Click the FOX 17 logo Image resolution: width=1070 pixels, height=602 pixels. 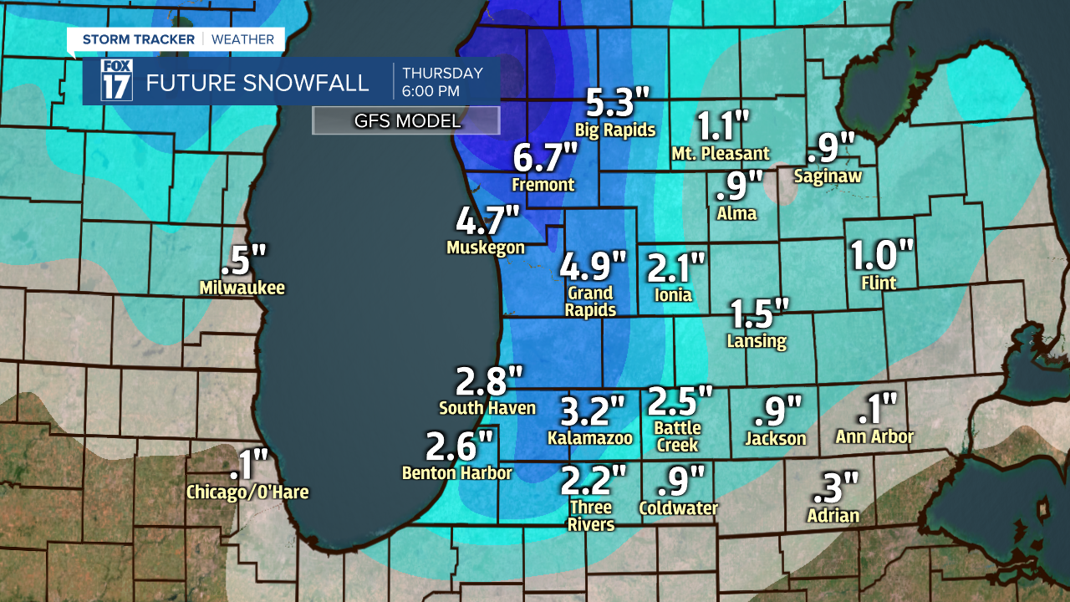click(116, 81)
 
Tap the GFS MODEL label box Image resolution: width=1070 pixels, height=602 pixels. click(406, 121)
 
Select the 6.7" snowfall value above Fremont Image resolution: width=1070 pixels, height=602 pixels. click(545, 156)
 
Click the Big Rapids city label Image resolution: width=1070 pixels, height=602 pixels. click(615, 130)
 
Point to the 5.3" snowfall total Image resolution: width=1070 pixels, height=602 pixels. click(617, 103)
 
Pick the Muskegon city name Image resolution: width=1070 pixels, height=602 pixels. click(486, 247)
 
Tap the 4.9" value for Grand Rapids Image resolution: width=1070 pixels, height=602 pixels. click(593, 267)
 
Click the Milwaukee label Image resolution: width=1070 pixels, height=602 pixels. click(242, 288)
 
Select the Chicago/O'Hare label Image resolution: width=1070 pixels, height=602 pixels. click(247, 492)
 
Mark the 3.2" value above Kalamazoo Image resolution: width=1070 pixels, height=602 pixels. click(592, 411)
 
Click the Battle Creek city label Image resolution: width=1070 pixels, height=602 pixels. click(677, 436)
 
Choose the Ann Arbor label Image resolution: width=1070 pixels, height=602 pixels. click(874, 436)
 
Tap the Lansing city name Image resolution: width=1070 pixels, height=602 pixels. click(757, 340)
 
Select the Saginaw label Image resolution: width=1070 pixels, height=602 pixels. click(828, 176)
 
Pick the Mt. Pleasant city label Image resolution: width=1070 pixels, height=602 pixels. click(721, 154)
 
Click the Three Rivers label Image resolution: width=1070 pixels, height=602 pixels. click(591, 516)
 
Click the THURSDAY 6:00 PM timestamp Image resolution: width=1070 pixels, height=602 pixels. click(442, 81)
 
